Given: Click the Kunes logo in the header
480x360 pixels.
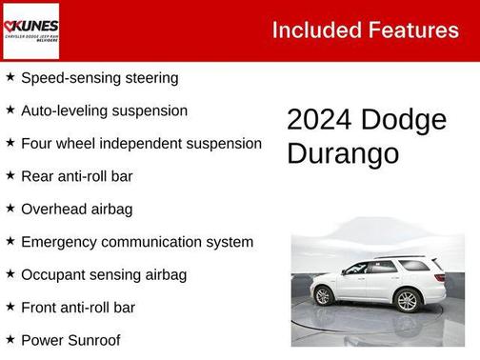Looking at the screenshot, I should click(30, 30).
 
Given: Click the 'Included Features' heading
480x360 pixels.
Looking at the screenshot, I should click(365, 30).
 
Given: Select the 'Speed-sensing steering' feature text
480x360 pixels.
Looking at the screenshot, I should click(99, 78).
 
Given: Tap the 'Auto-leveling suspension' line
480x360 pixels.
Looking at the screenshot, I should click(104, 110).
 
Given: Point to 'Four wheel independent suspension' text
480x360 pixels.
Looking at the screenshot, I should click(141, 144).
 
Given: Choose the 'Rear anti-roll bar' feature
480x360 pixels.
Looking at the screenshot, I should click(76, 176).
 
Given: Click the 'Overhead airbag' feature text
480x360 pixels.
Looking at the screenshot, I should click(76, 209).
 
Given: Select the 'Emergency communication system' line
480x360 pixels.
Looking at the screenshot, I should click(136, 242).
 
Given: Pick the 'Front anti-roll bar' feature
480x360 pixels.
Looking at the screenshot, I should click(77, 307).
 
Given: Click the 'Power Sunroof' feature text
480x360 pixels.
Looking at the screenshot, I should click(70, 339).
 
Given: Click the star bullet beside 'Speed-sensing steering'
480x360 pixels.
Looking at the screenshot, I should click(10, 77).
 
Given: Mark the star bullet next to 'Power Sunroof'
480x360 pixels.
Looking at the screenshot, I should click(10, 338).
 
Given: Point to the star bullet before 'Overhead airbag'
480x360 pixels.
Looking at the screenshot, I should click(10, 208).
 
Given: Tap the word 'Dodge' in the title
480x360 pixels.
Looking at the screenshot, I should click(405, 120).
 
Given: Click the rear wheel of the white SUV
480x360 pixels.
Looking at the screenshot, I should click(408, 301).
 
